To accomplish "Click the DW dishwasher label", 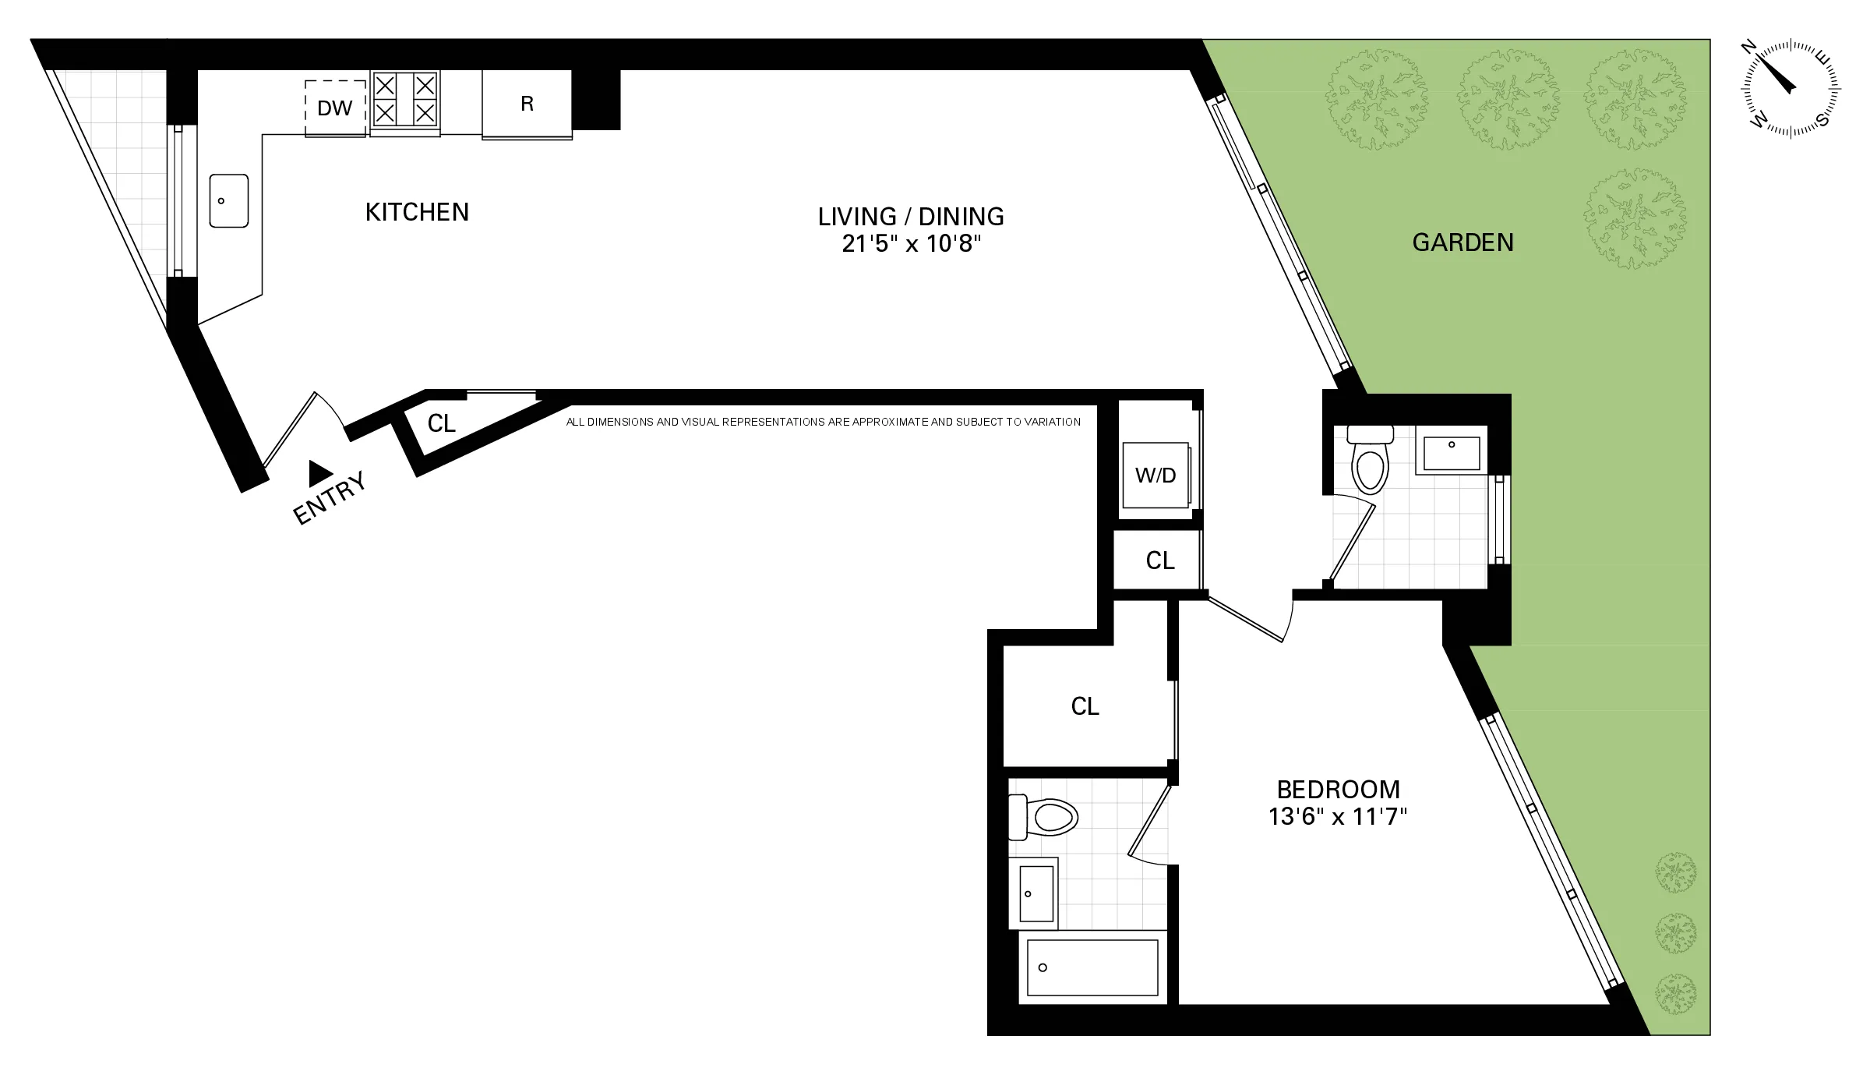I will pos(334,108).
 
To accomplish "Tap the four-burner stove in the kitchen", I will pos(404,99).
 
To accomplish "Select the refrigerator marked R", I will pos(527,104).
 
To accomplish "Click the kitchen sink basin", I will pos(228,201).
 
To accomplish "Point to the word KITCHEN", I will pos(417,212).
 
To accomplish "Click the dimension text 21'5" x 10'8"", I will pos(911,244).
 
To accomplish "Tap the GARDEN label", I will pos(1462,242).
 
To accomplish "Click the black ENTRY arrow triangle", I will pos(319,472).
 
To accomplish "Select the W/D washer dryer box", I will pos(1155,476).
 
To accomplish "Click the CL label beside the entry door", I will pos(441,423).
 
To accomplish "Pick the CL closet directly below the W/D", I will pos(1159,560).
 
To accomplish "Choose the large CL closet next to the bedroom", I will pos(1085,706).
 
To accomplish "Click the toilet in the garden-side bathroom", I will pos(1371,465).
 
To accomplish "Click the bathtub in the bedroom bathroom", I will pos(1092,967).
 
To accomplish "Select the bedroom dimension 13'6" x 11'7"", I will pos(1338,817).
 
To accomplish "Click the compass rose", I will pos(1791,89).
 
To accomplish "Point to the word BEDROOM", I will pos(1338,790).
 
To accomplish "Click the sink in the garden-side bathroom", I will pos(1452,453).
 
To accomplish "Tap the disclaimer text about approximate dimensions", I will pos(823,422).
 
